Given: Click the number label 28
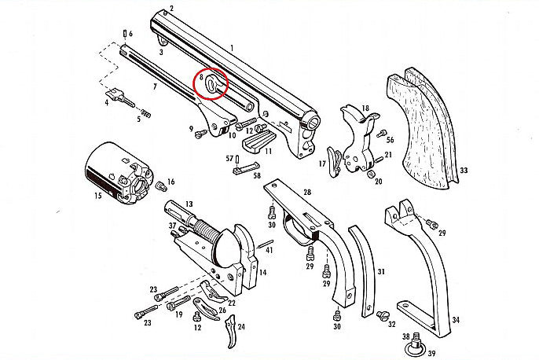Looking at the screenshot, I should [307, 192].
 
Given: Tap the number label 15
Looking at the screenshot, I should [97, 196].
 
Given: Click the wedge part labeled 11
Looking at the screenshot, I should [256, 144].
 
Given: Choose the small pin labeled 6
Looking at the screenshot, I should [123, 34].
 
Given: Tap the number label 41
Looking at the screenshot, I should [269, 250].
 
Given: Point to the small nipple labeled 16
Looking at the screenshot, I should [161, 186].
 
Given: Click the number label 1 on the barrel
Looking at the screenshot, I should [232, 48].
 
